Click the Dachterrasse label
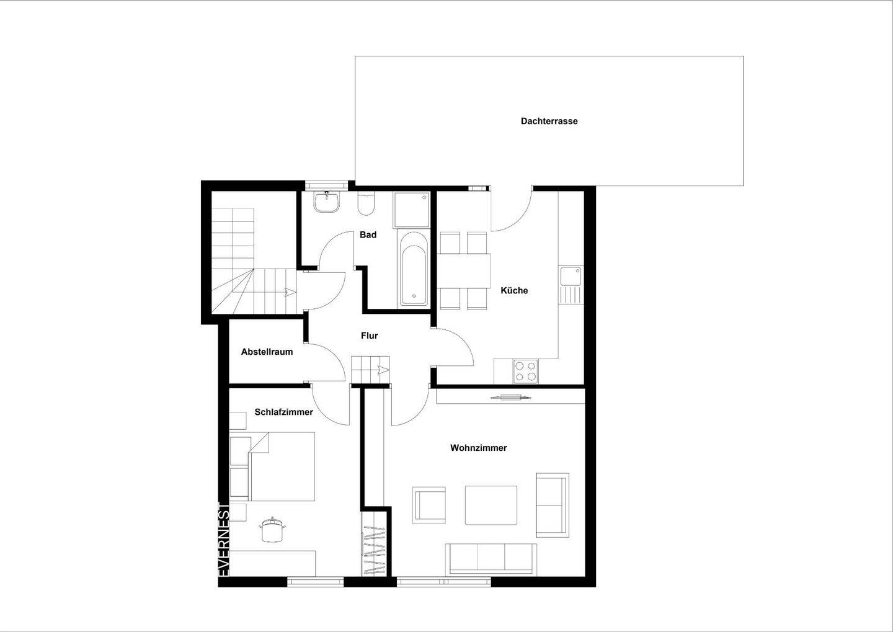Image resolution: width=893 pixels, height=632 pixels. [549, 121]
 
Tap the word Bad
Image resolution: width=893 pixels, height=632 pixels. [368, 235]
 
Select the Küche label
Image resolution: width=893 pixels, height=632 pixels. [514, 291]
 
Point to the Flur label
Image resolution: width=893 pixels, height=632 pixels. [369, 336]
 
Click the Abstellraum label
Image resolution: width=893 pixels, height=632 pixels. [267, 352]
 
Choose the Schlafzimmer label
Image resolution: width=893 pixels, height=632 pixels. [284, 412]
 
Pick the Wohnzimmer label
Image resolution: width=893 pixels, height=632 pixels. [478, 448]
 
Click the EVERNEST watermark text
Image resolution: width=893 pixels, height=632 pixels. [224, 540]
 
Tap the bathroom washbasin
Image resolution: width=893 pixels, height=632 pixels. [327, 202]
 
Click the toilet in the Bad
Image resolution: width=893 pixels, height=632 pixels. [367, 204]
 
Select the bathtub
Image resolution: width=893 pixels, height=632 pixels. [414, 267]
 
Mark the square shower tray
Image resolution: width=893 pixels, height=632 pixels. [411, 210]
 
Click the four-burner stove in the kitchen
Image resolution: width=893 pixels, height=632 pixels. [525, 372]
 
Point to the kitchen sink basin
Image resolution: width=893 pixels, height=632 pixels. [571, 276]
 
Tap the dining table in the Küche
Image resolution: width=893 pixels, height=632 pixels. [464, 271]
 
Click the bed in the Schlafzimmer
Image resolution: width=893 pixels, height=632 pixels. [272, 466]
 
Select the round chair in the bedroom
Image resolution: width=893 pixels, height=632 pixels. [272, 530]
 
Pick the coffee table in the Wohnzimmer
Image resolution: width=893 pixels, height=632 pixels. [491, 505]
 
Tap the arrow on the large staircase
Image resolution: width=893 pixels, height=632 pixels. [290, 292]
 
